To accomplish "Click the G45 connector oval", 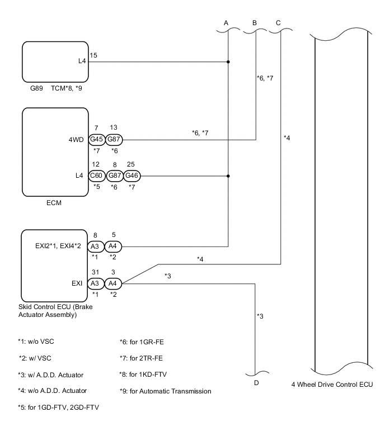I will coord(97,140).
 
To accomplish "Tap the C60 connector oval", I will coord(97,176).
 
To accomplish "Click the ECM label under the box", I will coord(55,203).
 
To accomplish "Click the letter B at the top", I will coord(255,23).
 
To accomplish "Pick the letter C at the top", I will coord(278,23).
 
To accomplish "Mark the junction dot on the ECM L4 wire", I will coord(228,176).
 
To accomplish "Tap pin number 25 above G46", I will coord(131,164).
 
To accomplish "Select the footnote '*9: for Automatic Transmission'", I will coord(166,391).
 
